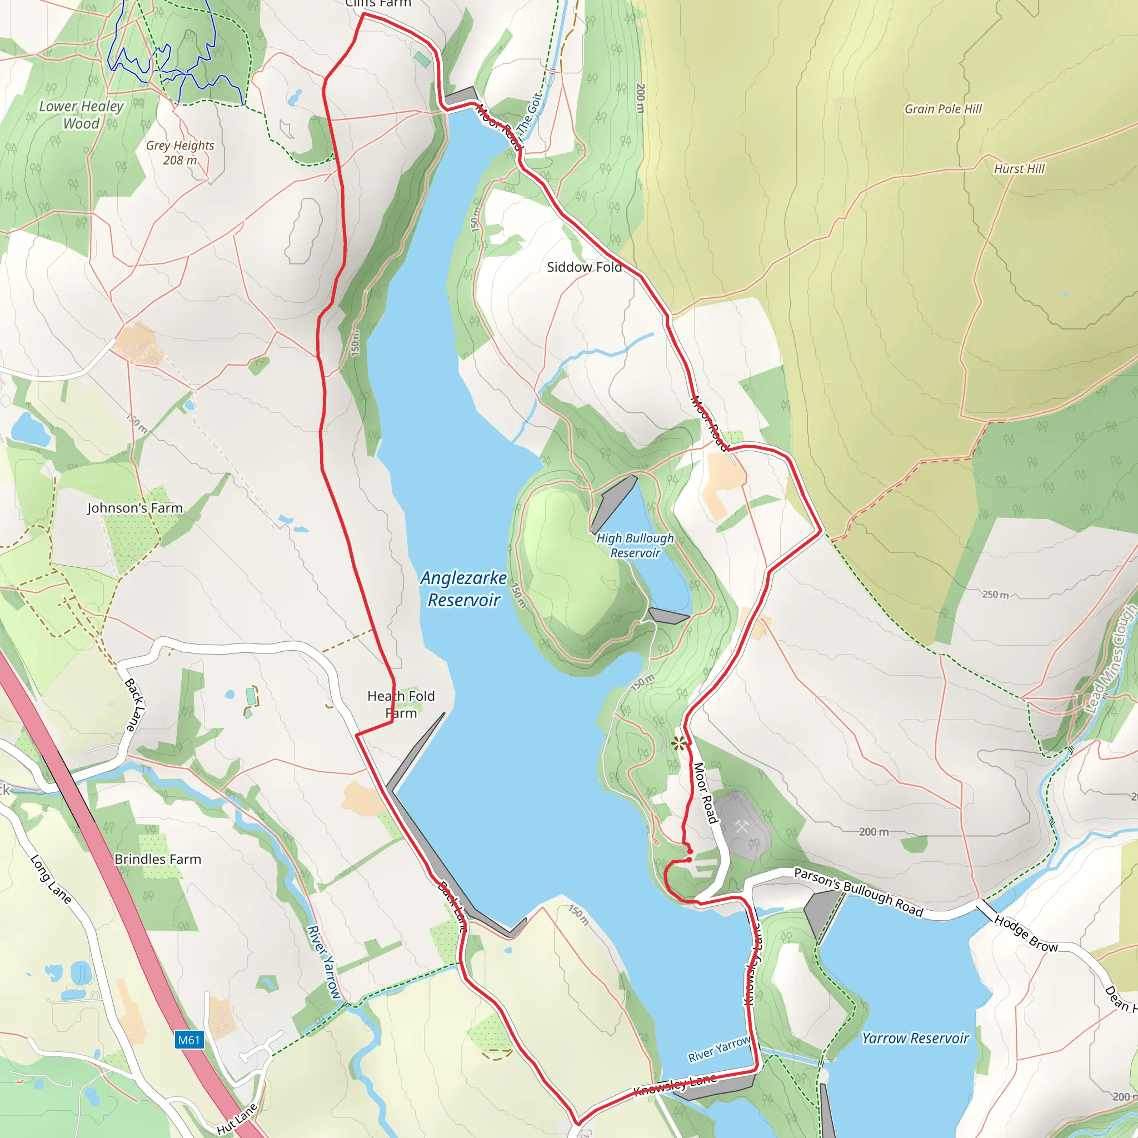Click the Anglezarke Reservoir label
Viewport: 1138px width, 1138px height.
(x=463, y=588)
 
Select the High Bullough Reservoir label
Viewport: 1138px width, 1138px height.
(x=635, y=546)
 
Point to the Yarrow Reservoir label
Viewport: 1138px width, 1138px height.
(x=915, y=1039)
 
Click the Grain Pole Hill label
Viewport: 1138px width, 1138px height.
(x=943, y=109)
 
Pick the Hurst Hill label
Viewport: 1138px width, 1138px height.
(x=1019, y=169)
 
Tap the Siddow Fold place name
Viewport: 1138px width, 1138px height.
(x=584, y=267)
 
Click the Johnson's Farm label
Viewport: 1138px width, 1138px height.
(x=135, y=508)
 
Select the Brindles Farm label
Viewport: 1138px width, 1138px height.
(x=158, y=860)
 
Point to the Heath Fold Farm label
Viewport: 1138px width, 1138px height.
(x=401, y=705)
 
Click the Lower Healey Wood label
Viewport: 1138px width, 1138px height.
(x=81, y=115)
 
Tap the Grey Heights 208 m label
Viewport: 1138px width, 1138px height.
(x=180, y=153)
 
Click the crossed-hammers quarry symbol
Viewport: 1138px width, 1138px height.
(x=742, y=827)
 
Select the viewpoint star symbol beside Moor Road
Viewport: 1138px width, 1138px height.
(x=679, y=743)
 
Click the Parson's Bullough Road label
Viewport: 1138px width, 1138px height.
(x=858, y=892)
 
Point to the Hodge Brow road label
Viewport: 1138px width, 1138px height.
(x=1026, y=934)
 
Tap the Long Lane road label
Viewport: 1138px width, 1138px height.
(x=51, y=880)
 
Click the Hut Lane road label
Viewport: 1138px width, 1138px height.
(x=237, y=1119)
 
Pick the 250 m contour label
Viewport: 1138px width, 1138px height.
(x=995, y=595)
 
